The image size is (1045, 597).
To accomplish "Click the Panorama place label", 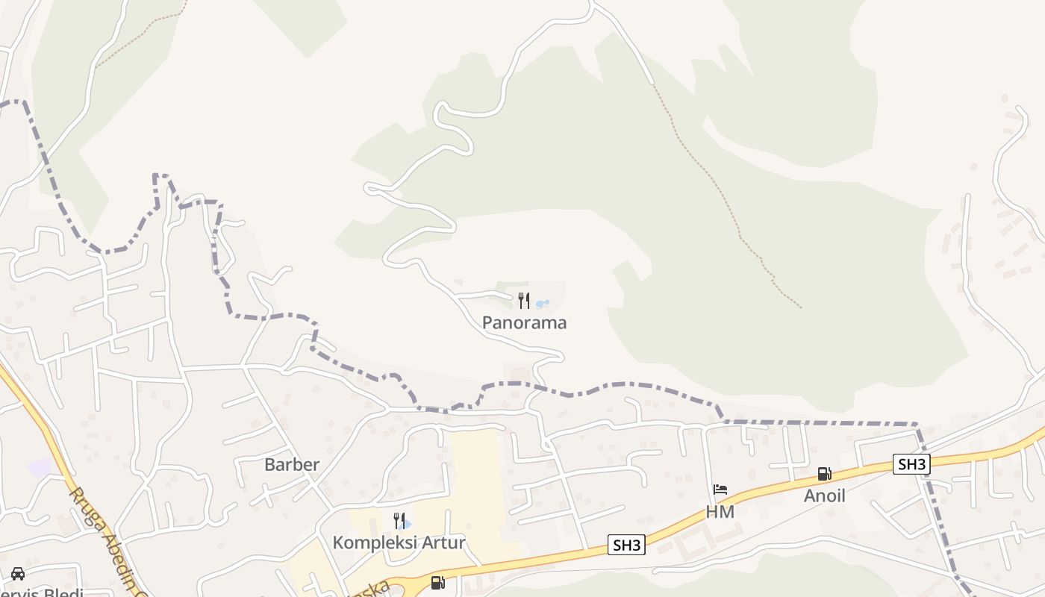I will tap(524, 322).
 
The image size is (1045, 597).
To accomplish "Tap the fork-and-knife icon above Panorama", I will tap(524, 301).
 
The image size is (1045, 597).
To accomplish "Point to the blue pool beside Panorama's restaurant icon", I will tap(543, 304).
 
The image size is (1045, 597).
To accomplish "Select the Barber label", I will tap(292, 464).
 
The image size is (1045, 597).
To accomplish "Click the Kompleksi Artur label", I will tap(399, 543).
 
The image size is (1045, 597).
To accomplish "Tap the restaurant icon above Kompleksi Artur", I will tap(399, 521).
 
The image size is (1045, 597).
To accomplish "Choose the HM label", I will tap(720, 512).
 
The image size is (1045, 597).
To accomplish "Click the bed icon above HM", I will tap(720, 490).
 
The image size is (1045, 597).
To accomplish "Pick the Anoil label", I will tap(824, 496).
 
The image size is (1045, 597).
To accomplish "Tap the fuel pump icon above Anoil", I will tap(824, 474).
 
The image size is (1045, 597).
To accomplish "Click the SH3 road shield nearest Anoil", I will tap(911, 464).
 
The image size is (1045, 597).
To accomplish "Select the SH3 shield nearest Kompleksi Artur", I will tap(626, 545).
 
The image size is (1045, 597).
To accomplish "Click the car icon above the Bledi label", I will tap(18, 573).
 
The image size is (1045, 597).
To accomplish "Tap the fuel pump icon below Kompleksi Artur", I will tap(437, 582).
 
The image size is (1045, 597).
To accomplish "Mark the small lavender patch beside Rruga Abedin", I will tap(39, 468).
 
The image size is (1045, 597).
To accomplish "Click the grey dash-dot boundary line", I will tap(821, 423).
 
